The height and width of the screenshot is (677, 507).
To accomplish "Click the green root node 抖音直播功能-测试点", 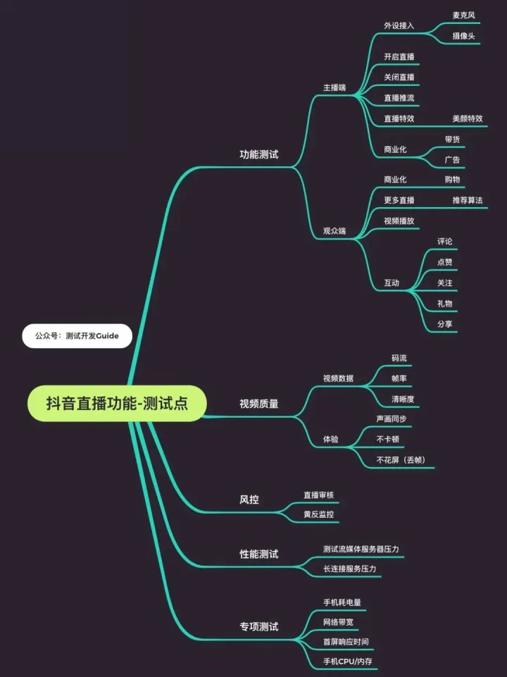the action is pos(117,403).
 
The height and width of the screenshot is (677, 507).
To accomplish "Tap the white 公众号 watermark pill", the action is pos(77,336).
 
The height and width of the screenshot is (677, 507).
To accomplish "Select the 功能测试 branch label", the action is pos(259,154).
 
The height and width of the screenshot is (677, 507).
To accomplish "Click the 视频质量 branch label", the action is pos(259,404).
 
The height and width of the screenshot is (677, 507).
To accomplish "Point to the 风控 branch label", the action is pos(249,500).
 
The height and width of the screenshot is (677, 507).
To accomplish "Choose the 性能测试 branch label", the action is pos(259,554).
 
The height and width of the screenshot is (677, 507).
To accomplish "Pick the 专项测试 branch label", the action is pos(259,626).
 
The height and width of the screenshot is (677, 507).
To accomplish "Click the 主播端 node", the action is pos(334,87).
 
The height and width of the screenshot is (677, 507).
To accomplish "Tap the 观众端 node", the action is pos(334,231).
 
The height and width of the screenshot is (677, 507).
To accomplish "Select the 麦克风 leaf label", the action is pos(463,15).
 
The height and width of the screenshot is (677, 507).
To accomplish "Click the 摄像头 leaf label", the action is pos(463,36).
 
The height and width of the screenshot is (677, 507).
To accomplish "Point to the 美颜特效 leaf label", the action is pos(468,118).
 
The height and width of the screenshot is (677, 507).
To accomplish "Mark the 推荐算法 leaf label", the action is pos(468,200).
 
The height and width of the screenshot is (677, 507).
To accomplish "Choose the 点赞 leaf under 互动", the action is pos(445,262).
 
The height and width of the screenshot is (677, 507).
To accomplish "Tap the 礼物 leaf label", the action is pos(445,304).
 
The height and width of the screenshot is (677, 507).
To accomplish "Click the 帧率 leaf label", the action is pos(399,378).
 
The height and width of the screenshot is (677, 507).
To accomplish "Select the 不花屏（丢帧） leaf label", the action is pos(401,460).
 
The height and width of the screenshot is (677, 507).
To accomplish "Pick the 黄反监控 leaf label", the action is pos(318,514).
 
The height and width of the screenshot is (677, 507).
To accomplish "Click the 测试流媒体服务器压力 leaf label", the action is pos(361,549).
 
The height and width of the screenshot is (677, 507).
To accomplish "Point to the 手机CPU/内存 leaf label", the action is pos(348,661).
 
